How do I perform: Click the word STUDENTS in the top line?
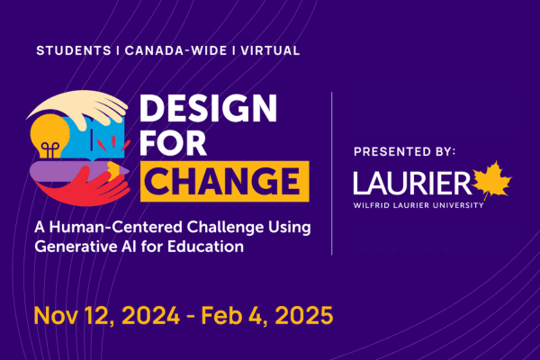pyautogui.click(x=74, y=50)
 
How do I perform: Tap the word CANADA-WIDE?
pyautogui.click(x=175, y=50)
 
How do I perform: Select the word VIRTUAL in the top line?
pyautogui.click(x=270, y=50)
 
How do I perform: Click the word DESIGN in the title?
pyautogui.click(x=208, y=109)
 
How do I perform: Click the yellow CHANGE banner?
pyautogui.click(x=224, y=181)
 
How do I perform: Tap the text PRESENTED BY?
pyautogui.click(x=405, y=151)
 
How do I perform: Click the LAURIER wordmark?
pyautogui.click(x=412, y=183)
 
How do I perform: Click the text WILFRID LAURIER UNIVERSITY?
pyautogui.click(x=418, y=205)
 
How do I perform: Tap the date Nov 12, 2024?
pyautogui.click(x=107, y=316)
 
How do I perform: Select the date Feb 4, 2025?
pyautogui.click(x=267, y=316)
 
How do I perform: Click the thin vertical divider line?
pyautogui.click(x=331, y=174)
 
